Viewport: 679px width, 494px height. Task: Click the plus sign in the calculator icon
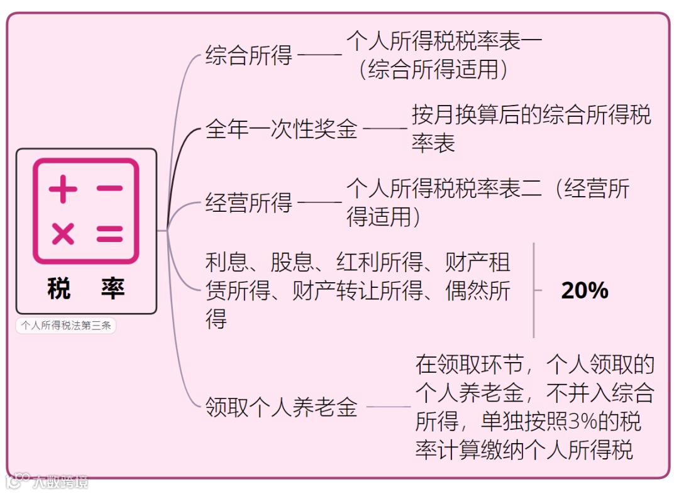tap(63, 190)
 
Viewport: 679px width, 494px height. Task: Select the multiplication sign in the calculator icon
tap(63, 234)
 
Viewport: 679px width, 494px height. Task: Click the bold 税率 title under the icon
tap(86, 288)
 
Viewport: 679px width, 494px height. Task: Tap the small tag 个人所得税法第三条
tap(65, 326)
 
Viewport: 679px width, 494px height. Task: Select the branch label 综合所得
tap(249, 55)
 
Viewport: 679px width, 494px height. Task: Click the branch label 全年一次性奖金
tap(281, 129)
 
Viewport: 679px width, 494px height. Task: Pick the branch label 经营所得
tap(249, 203)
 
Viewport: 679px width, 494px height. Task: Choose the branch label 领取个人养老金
tap(281, 407)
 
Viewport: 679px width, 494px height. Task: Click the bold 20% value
tap(585, 290)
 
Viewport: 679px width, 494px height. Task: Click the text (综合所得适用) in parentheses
tap(434, 69)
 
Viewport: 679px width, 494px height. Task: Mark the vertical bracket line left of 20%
tap(534, 290)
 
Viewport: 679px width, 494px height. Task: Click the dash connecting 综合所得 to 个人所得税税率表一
tap(319, 55)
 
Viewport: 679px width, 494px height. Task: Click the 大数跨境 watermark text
tap(60, 482)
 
